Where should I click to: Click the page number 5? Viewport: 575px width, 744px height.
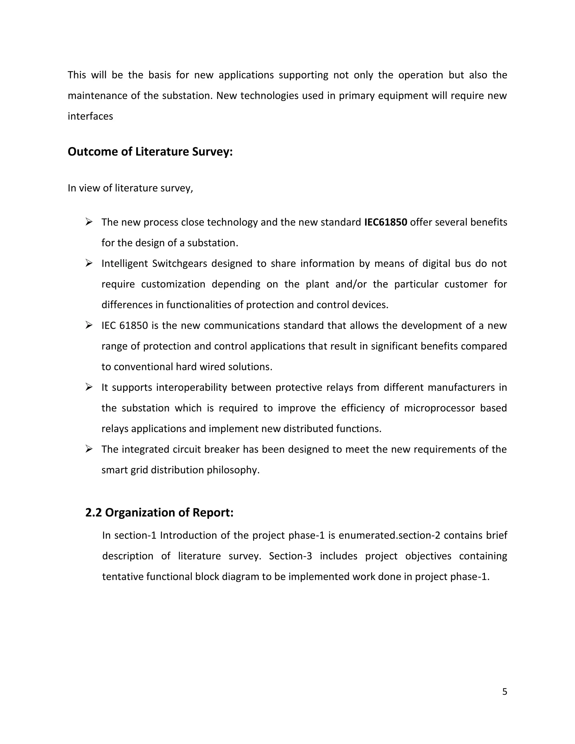[x=505, y=691]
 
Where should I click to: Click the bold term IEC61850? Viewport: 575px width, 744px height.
[x=385, y=222]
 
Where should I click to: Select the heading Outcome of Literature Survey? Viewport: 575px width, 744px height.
[x=150, y=152]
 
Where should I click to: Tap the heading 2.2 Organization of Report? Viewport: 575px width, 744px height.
[x=159, y=512]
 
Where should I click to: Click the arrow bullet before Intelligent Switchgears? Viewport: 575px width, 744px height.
[x=89, y=263]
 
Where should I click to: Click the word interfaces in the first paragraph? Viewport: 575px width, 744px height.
[x=90, y=116]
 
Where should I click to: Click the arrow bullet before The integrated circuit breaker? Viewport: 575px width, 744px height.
[x=89, y=449]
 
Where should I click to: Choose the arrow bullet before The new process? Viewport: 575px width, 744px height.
[x=89, y=222]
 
